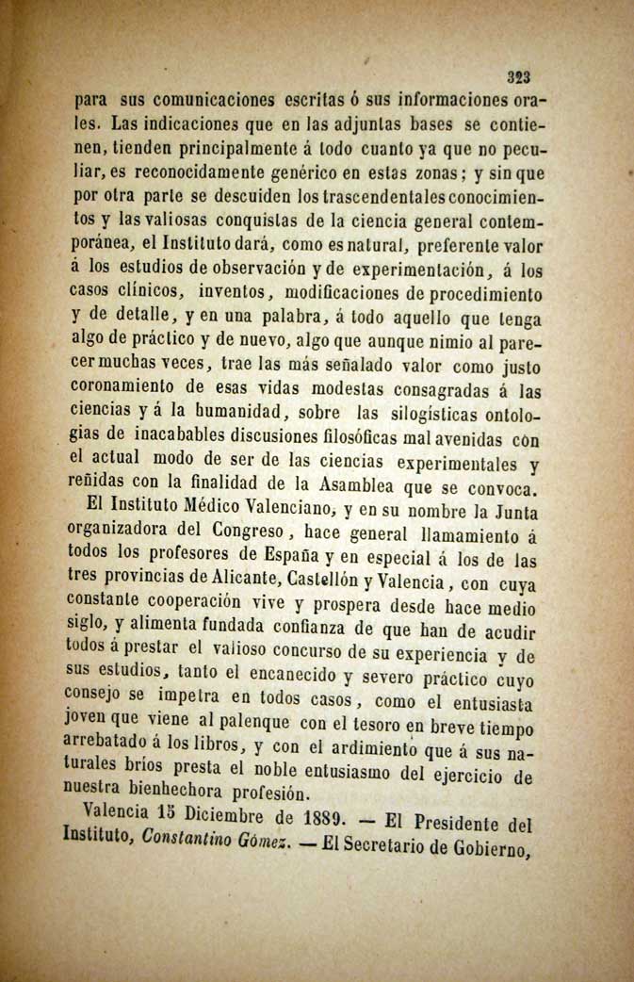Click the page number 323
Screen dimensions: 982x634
(520, 79)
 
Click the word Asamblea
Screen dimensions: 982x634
(352, 488)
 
